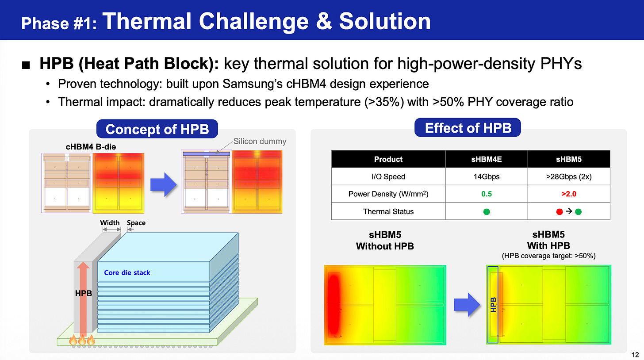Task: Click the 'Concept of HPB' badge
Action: [x=157, y=129]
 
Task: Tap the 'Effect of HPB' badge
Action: [x=468, y=128]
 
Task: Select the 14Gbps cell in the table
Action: [x=487, y=176]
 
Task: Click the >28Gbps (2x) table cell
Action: [x=569, y=176]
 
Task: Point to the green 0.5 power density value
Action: [x=487, y=194]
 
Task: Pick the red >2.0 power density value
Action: [x=569, y=194]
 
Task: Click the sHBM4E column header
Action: [x=487, y=159]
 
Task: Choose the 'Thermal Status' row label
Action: [x=388, y=212]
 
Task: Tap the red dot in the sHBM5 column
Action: [x=559, y=212]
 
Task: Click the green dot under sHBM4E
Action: [x=487, y=212]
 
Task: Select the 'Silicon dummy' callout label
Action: [x=260, y=141]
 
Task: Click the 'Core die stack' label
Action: [x=127, y=272]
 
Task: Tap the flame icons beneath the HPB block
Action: [x=82, y=340]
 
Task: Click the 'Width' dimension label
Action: [x=110, y=222]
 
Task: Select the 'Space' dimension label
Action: [x=136, y=223]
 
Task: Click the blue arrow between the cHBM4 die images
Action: [x=164, y=184]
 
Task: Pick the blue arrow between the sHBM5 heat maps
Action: [x=467, y=305]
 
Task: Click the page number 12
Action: [x=635, y=355]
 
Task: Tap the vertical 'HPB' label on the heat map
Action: [x=493, y=305]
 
